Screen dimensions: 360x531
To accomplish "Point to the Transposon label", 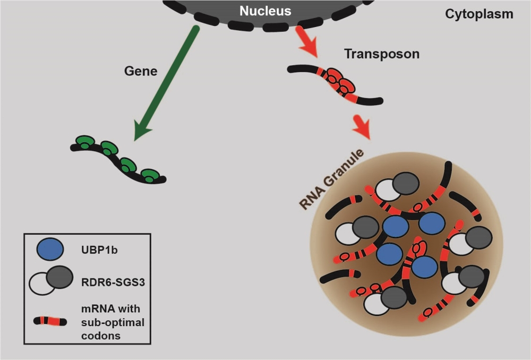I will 374,54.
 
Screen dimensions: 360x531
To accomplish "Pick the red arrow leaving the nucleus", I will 306,43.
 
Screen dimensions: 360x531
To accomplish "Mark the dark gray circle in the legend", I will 59,277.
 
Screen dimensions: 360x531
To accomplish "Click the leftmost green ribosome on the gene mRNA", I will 84,142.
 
